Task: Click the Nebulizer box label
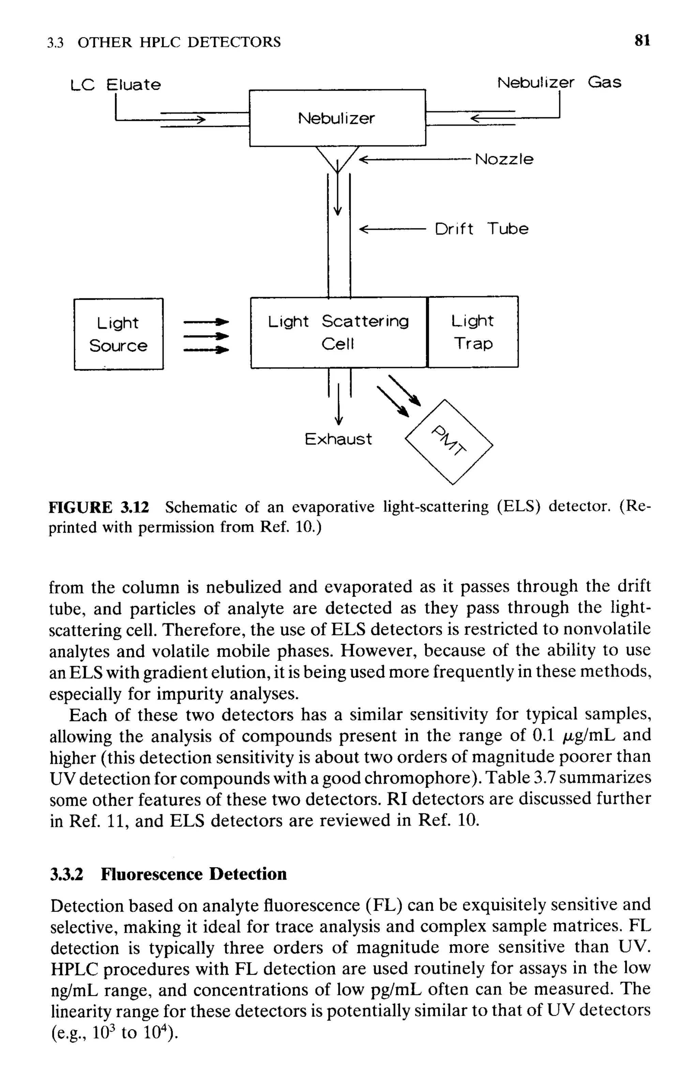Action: tap(336, 118)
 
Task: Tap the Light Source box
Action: tap(119, 334)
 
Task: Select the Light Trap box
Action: tap(472, 332)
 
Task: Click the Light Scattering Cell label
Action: tap(338, 332)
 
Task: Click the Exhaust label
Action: tap(338, 439)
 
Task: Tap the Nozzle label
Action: tap(504, 159)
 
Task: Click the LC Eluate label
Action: tap(116, 85)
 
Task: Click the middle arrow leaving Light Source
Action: tap(206, 336)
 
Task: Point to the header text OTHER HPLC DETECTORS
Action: tap(179, 42)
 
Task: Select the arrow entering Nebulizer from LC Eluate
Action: tap(181, 120)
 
